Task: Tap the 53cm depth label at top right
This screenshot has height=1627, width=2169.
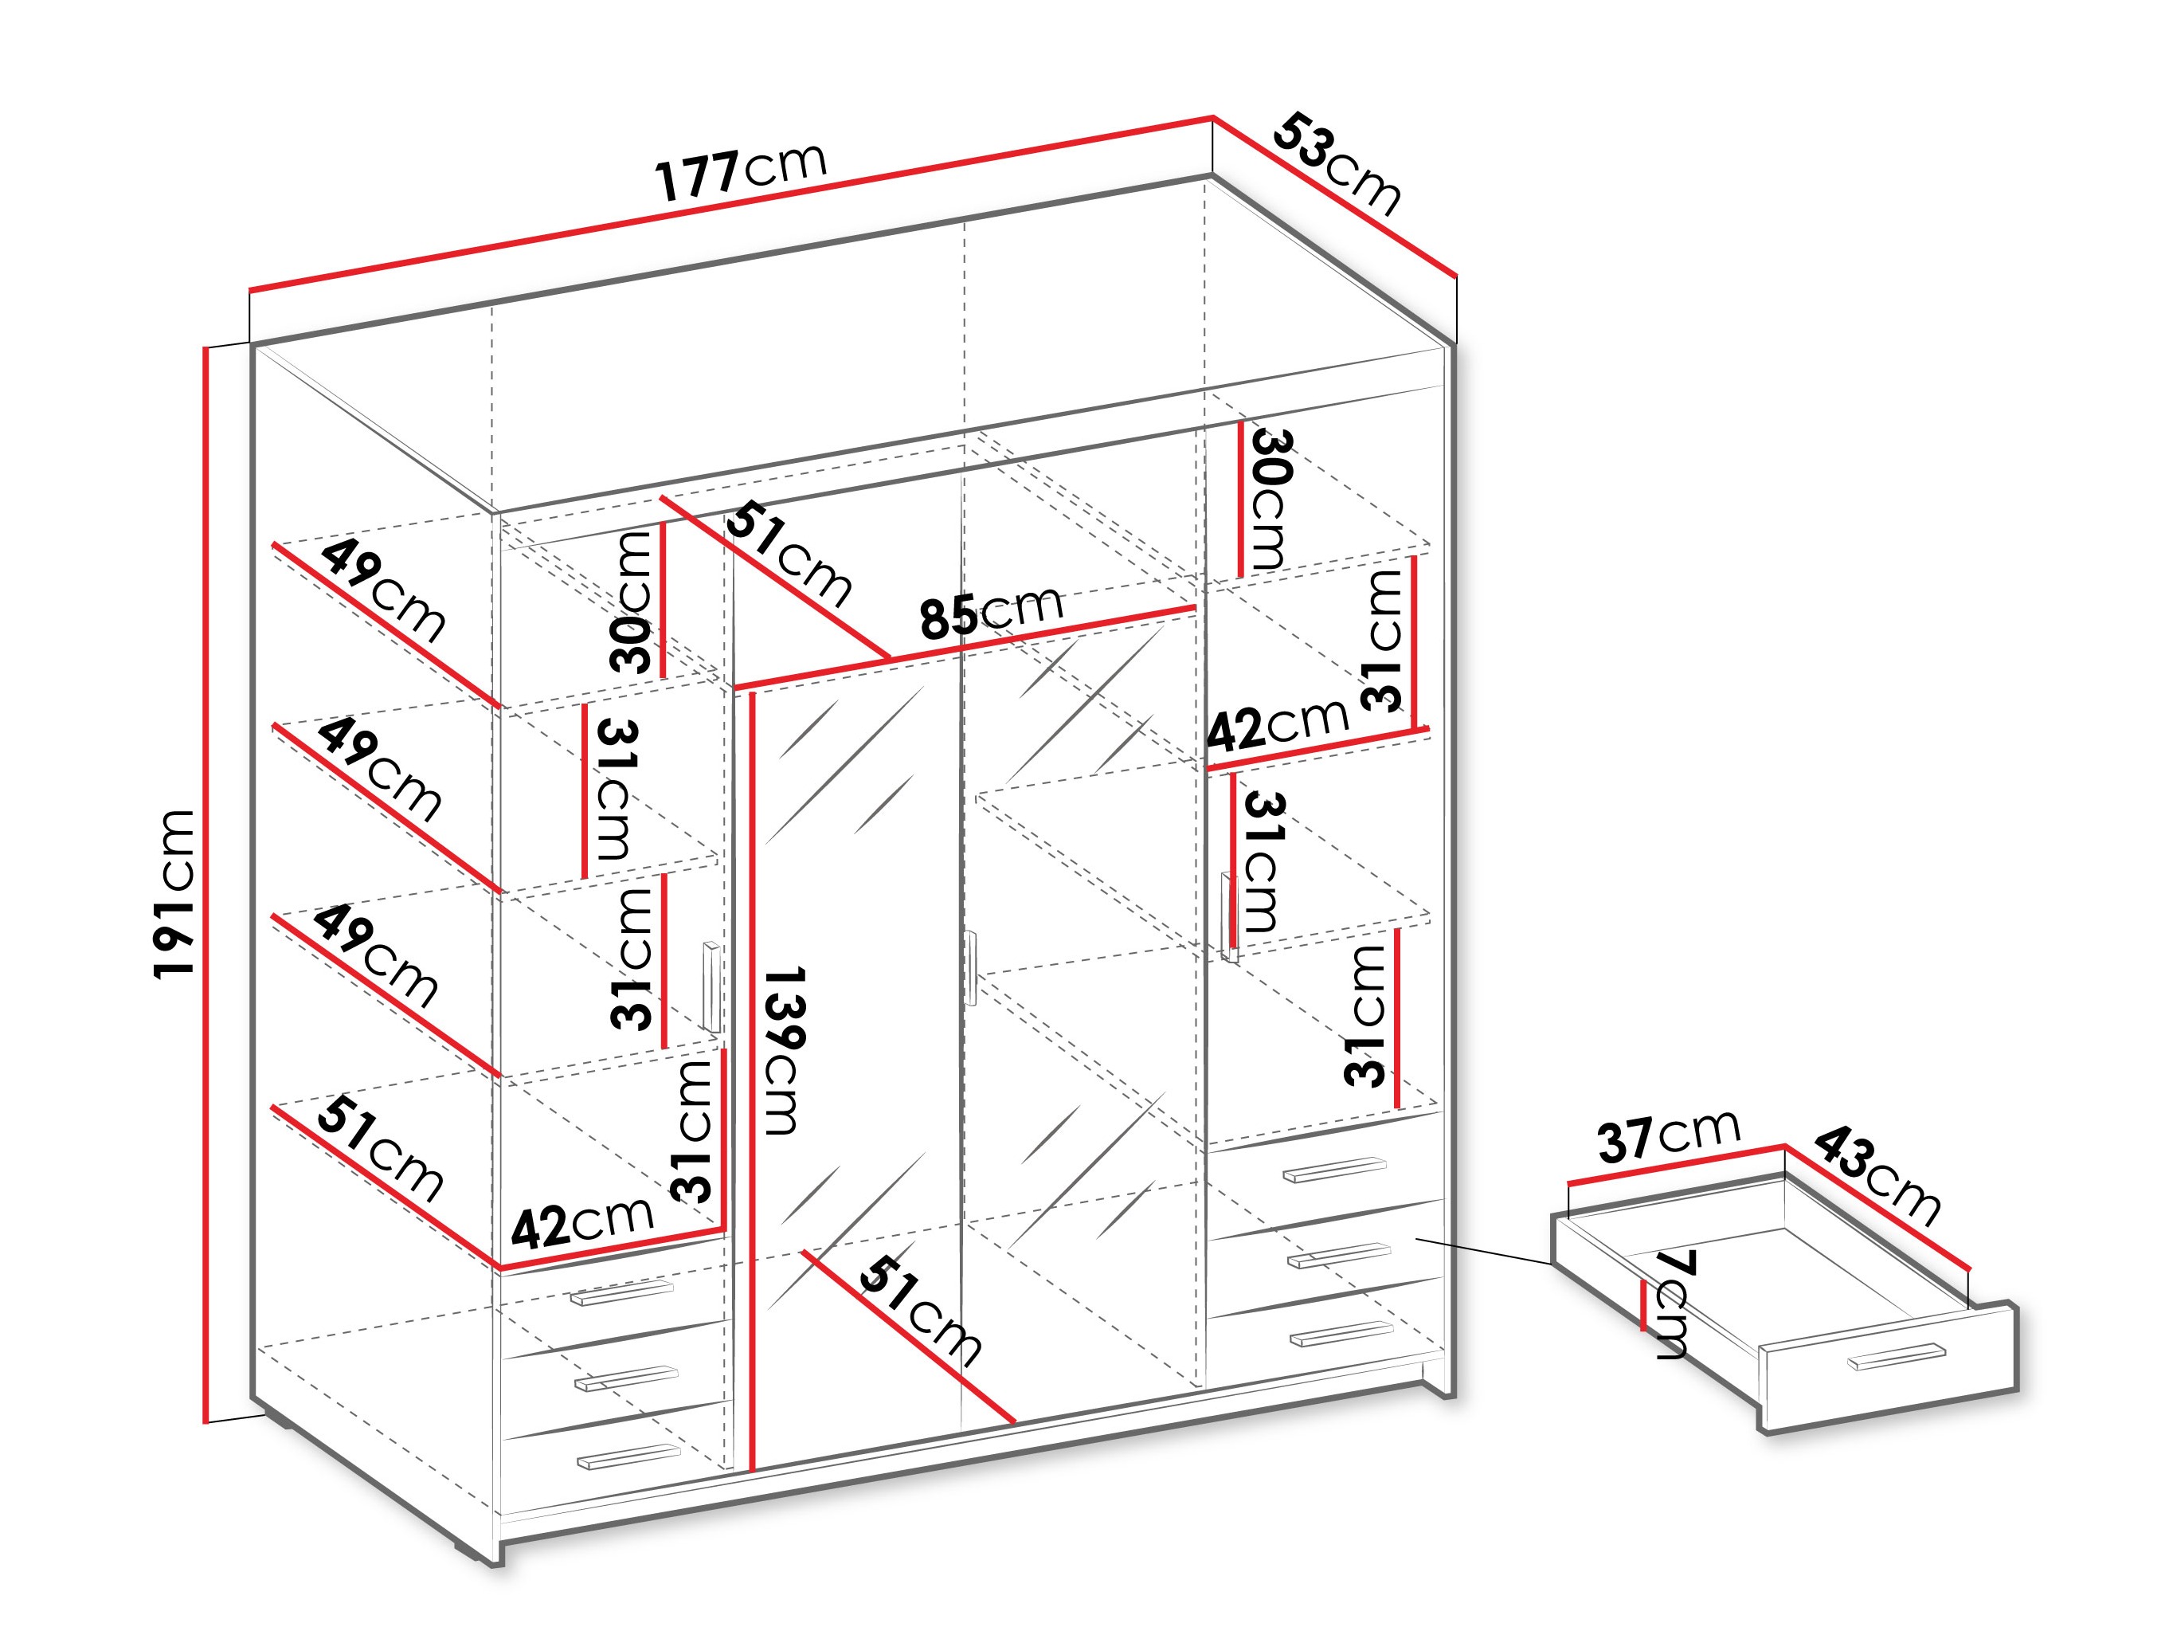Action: tap(1337, 164)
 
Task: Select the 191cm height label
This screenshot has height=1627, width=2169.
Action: tap(174, 893)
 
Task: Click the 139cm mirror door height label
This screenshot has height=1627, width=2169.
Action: tap(785, 1050)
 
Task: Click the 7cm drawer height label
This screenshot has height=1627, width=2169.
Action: tap(1673, 1304)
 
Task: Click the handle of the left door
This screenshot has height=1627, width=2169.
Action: tap(711, 986)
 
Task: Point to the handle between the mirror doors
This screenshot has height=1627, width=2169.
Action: tap(971, 968)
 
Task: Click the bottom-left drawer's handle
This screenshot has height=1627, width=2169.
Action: tap(628, 1457)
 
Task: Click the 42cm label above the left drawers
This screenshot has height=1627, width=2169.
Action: tap(582, 1222)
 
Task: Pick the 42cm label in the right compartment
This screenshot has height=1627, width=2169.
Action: tap(1278, 725)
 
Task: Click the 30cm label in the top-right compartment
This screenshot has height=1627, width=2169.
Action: tap(1270, 500)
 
